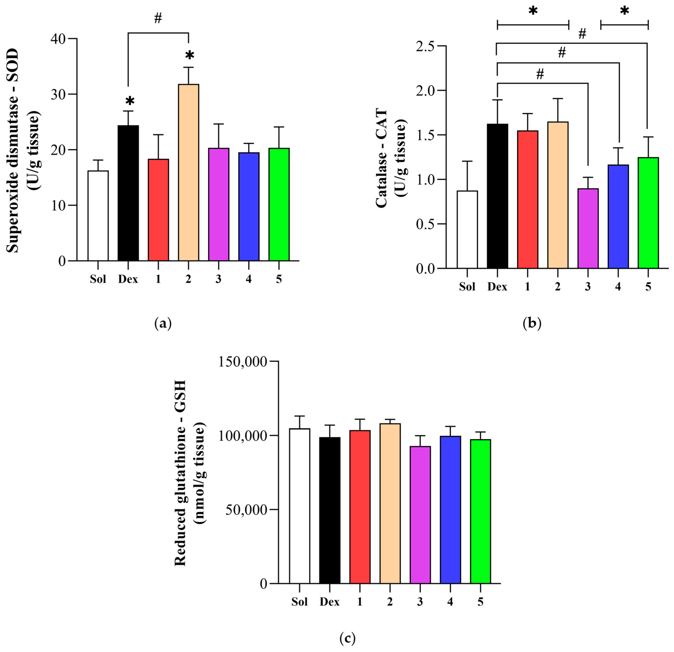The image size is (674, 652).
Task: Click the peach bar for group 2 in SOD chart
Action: [188, 172]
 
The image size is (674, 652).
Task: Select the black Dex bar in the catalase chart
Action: [497, 196]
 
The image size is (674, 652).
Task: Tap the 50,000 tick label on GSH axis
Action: [246, 510]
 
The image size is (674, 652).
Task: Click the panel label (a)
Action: [163, 324]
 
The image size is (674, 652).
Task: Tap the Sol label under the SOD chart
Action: [98, 279]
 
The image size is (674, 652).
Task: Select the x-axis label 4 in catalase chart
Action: [618, 287]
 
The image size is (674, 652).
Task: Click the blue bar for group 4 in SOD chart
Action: [249, 206]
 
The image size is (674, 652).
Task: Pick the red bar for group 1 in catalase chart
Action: [528, 199]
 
